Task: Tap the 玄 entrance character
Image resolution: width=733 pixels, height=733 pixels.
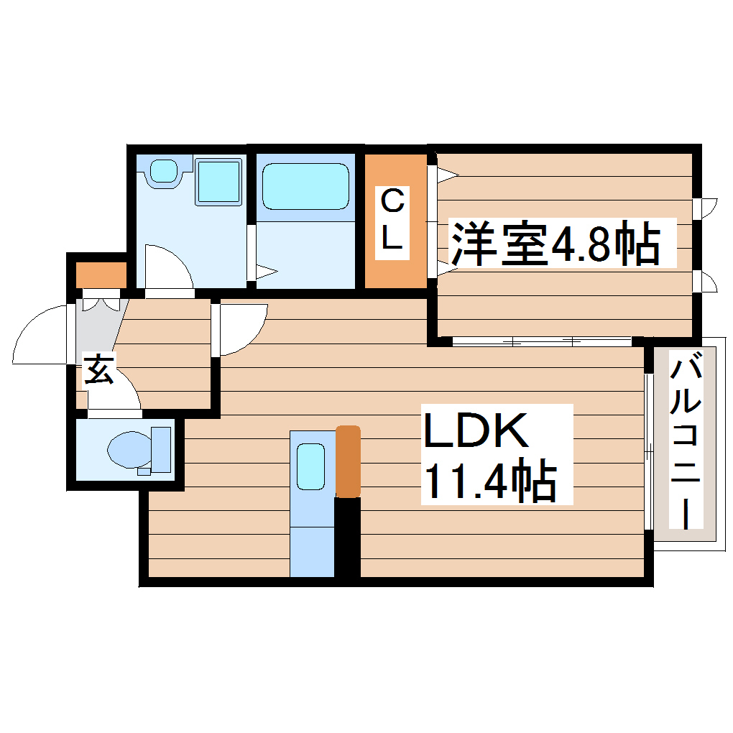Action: pos(99,370)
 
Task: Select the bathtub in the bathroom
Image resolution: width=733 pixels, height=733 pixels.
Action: pos(305,186)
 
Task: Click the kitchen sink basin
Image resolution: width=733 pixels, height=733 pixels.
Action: pos(311,466)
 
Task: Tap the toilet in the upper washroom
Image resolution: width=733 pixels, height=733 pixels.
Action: pos(165,172)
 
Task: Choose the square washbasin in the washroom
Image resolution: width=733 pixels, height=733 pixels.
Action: pos(218,181)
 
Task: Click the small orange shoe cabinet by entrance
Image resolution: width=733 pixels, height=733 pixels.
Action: pos(101,275)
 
